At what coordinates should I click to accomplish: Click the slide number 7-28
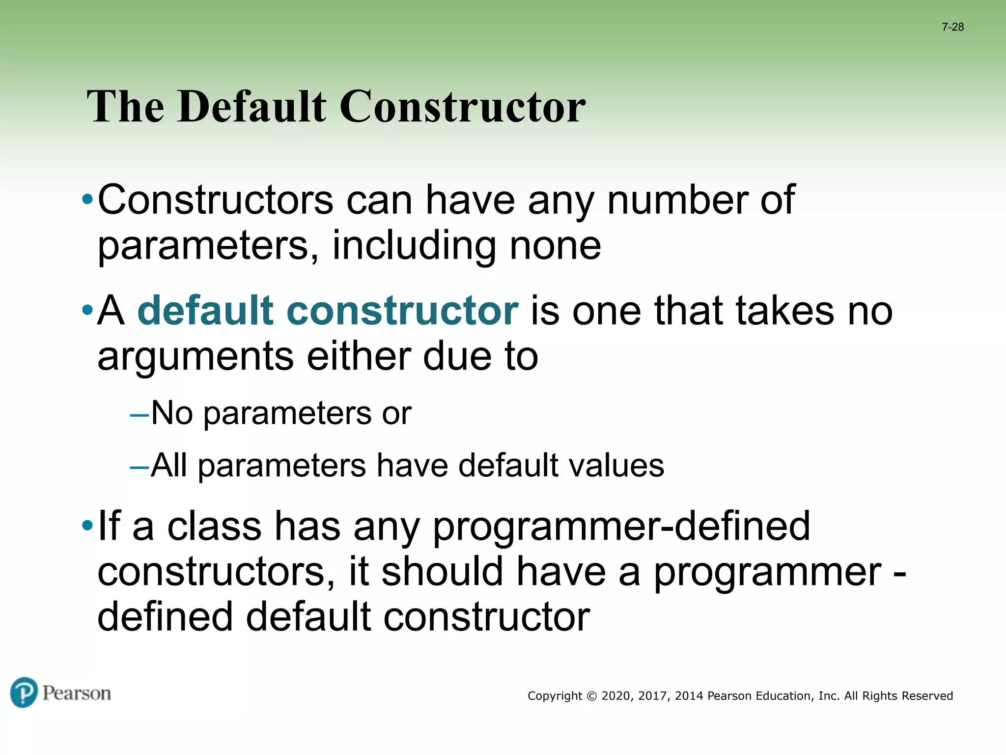click(952, 27)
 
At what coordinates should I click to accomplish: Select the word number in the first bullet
click(677, 200)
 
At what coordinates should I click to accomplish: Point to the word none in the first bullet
click(555, 246)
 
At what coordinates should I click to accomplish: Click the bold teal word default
click(205, 311)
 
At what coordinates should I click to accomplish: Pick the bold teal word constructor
click(402, 311)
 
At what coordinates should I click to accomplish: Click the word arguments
click(196, 357)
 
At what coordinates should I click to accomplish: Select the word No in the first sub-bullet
click(171, 413)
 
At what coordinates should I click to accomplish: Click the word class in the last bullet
click(214, 526)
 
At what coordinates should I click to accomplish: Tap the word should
click(442, 572)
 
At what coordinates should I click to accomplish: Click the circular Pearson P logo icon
click(24, 693)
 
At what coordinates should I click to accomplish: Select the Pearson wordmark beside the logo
click(77, 694)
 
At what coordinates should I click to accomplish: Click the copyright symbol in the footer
click(591, 696)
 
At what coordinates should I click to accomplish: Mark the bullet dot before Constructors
click(87, 200)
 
